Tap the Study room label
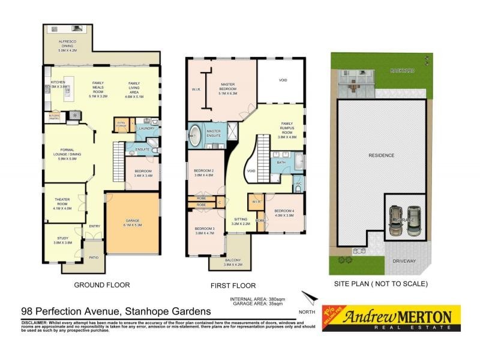[62, 240]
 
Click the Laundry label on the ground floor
[146, 128]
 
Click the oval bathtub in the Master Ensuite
[196, 136]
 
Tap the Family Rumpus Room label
[288, 130]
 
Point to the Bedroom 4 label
[283, 213]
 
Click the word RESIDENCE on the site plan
[381, 155]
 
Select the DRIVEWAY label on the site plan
[404, 261]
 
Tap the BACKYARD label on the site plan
[402, 71]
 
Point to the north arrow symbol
[309, 298]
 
